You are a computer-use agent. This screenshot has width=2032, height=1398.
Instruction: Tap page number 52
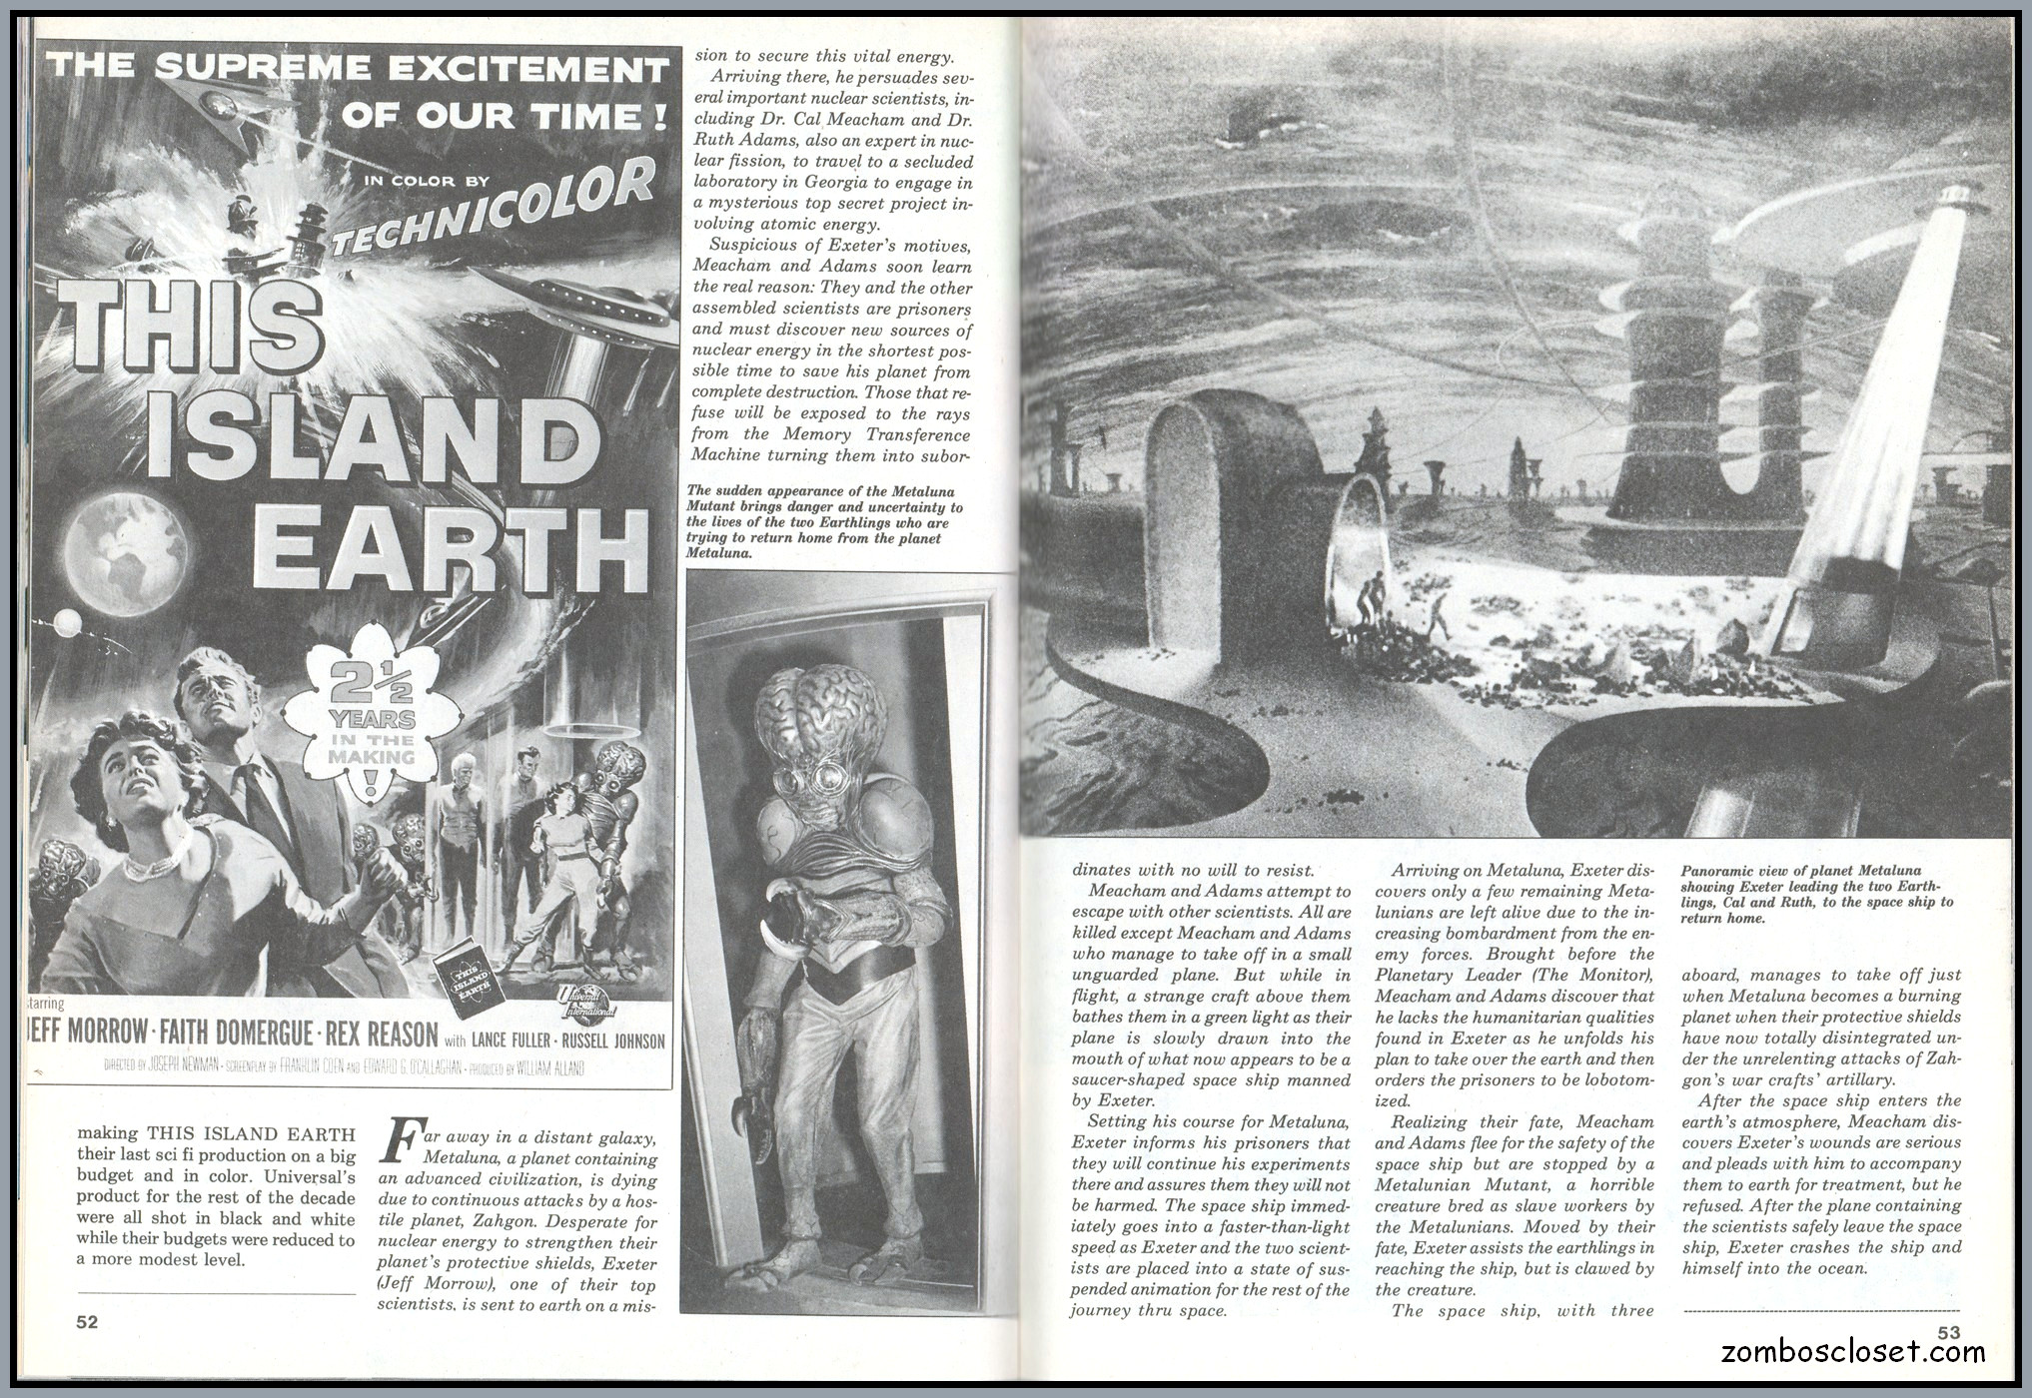point(88,1321)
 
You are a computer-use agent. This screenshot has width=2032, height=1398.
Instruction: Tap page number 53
point(1948,1332)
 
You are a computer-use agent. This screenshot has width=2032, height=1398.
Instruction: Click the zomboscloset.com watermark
point(1853,1353)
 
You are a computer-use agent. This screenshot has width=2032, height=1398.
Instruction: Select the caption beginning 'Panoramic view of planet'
point(1817,894)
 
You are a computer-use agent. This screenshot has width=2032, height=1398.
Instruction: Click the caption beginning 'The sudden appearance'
point(824,521)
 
